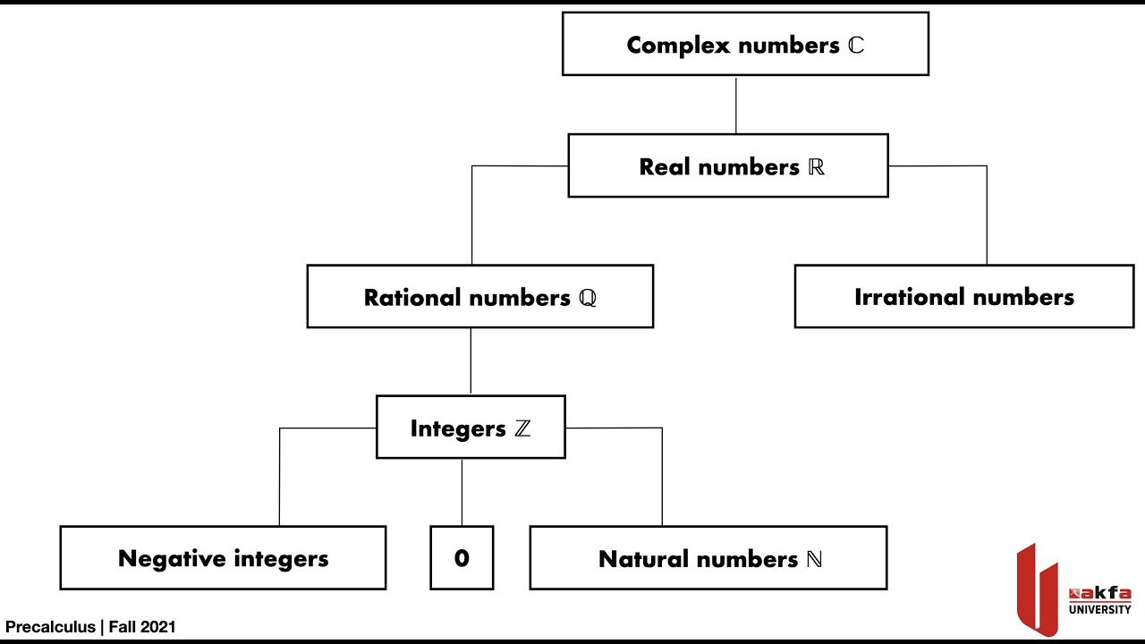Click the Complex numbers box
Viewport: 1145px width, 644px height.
[x=744, y=44]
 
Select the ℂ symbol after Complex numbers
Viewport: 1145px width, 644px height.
[x=856, y=46]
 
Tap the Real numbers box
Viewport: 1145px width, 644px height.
[x=727, y=165]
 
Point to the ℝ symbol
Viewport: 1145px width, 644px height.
[x=816, y=167]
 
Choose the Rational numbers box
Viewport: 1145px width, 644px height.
[x=479, y=296]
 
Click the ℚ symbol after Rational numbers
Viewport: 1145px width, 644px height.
[x=587, y=298]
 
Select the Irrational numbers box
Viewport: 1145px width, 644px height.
[x=963, y=296]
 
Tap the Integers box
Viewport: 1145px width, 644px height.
[x=471, y=428]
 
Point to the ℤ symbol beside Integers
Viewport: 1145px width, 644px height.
[x=522, y=428]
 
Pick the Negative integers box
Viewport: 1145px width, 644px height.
[x=223, y=558]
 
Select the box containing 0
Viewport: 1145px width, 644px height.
[x=462, y=558]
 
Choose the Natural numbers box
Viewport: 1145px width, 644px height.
[x=708, y=558]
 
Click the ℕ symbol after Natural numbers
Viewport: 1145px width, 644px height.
[x=814, y=559]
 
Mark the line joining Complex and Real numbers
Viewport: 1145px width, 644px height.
[x=736, y=105]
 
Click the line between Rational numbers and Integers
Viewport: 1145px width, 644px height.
[x=471, y=361]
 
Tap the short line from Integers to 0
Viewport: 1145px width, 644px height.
[x=462, y=492]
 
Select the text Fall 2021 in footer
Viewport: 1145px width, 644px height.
[x=142, y=627]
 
